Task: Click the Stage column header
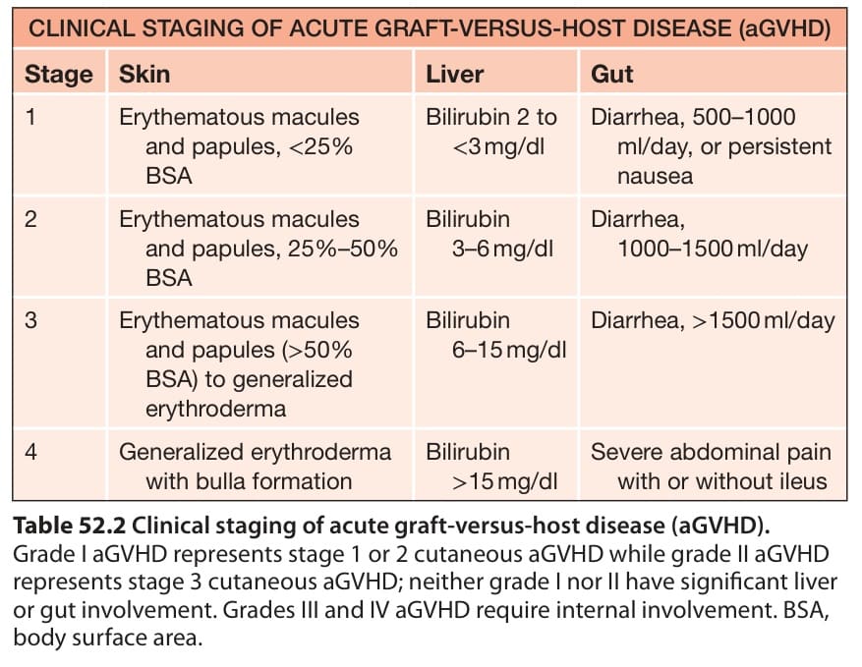click(59, 75)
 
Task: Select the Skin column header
click(144, 74)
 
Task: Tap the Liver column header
click(455, 74)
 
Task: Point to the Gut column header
click(612, 74)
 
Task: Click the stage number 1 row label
click(30, 117)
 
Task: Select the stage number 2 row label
click(30, 219)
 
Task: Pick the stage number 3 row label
click(30, 320)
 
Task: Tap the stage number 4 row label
click(30, 452)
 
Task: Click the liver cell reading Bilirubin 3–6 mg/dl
click(489, 234)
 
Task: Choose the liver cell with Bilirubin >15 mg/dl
click(492, 467)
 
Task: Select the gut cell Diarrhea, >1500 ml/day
click(713, 320)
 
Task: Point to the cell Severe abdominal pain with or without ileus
click(711, 467)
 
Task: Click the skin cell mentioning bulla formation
click(256, 467)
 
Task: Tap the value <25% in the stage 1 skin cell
click(320, 146)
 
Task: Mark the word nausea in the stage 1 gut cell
click(655, 177)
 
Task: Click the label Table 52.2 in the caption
click(70, 526)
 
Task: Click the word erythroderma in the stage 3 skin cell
click(216, 410)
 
